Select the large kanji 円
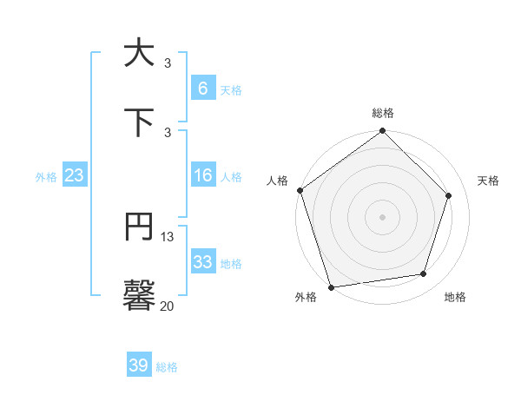pyautogui.click(x=139, y=227)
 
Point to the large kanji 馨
pyautogui.click(x=139, y=295)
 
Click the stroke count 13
pyautogui.click(x=168, y=237)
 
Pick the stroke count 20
pyautogui.click(x=168, y=306)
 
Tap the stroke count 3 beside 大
pyautogui.click(x=168, y=63)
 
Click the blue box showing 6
pyautogui.click(x=202, y=89)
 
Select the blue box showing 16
pyautogui.click(x=202, y=176)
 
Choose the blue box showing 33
pyautogui.click(x=202, y=262)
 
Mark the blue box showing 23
pyautogui.click(x=75, y=176)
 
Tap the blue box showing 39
pyautogui.click(x=139, y=365)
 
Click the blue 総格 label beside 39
pyautogui.click(x=167, y=367)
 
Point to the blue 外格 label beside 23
pyautogui.click(x=46, y=177)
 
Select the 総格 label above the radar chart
pyautogui.click(x=383, y=113)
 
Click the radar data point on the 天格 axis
pyautogui.click(x=449, y=195)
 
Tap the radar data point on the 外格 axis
pyautogui.click(x=331, y=286)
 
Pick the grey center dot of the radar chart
pyautogui.click(x=383, y=216)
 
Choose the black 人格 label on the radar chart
pyautogui.click(x=278, y=181)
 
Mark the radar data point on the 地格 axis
pyautogui.click(x=424, y=273)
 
